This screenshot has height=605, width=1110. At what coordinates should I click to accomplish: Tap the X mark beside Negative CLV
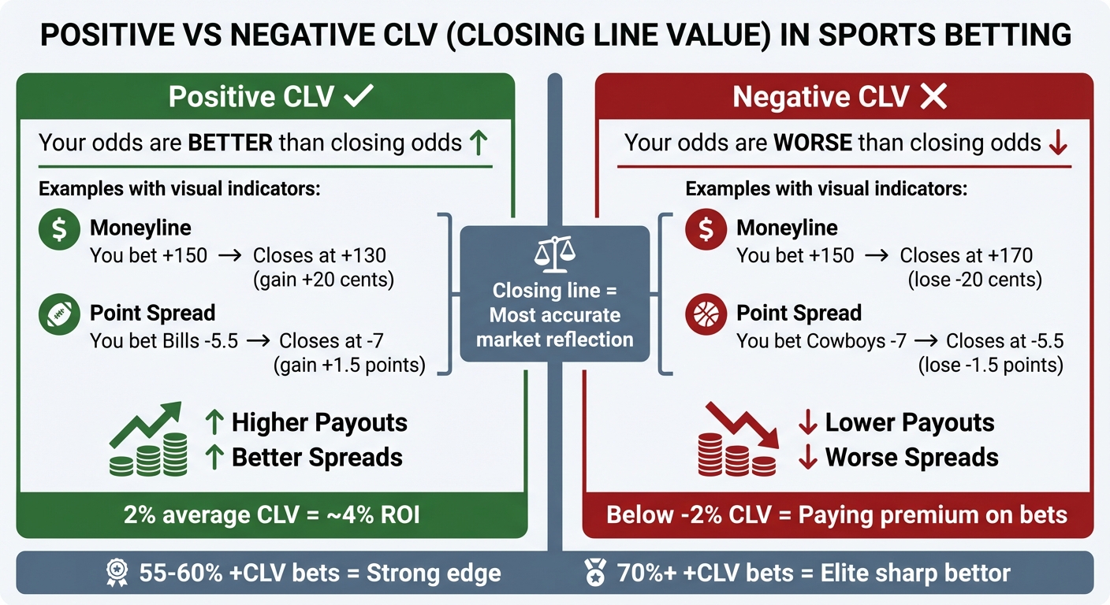pyautogui.click(x=933, y=97)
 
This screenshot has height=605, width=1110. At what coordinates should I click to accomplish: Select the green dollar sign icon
pyautogui.click(x=58, y=229)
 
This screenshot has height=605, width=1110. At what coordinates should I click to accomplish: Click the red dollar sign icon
pyautogui.click(x=706, y=229)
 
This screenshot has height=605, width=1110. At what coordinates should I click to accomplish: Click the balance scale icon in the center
pyautogui.click(x=555, y=252)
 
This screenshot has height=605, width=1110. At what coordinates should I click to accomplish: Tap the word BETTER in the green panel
pyautogui.click(x=229, y=143)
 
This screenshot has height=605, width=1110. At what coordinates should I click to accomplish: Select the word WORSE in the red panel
pyautogui.click(x=812, y=143)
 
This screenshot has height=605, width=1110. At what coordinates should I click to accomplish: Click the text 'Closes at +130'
pyautogui.click(x=319, y=255)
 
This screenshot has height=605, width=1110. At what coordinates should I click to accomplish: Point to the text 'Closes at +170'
pyautogui.click(x=967, y=255)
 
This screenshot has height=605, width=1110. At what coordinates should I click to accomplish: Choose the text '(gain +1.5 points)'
pyautogui.click(x=349, y=365)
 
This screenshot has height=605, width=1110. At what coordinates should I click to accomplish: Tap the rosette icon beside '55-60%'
pyautogui.click(x=117, y=573)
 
